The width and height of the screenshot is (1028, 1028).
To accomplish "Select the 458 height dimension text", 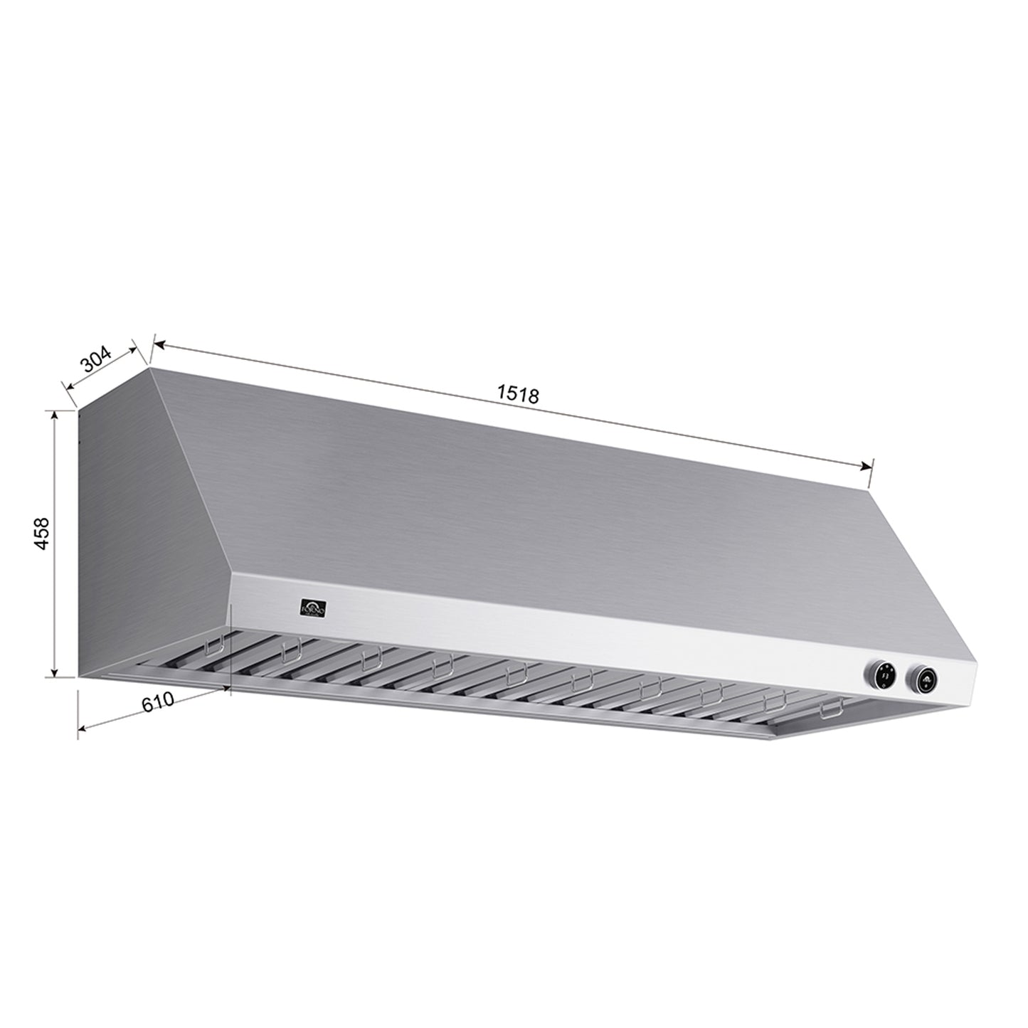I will coord(42,533).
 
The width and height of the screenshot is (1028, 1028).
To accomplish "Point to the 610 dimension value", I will coord(157,701).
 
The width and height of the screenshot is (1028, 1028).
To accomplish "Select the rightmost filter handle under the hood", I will coord(830,711).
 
